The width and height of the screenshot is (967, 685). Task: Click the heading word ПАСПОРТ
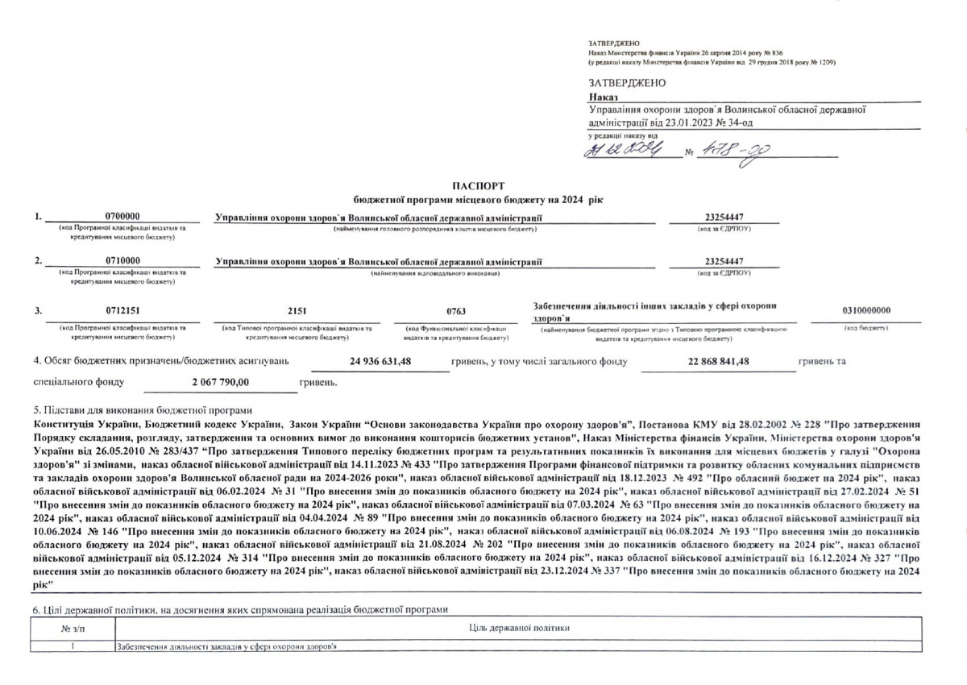(478, 186)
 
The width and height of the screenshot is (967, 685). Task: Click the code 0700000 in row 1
(122, 218)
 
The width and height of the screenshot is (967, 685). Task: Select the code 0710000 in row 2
(122, 261)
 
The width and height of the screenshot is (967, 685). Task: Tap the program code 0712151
(122, 311)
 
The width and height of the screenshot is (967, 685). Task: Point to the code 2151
(297, 311)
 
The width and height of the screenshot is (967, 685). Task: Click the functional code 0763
(456, 311)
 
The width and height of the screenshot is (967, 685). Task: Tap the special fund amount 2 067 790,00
(222, 381)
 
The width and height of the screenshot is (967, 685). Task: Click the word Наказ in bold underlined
(602, 97)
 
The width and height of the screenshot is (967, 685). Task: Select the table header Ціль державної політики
(518, 627)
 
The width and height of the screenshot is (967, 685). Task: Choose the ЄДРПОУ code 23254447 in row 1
(724, 218)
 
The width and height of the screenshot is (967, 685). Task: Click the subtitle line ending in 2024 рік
(478, 199)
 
